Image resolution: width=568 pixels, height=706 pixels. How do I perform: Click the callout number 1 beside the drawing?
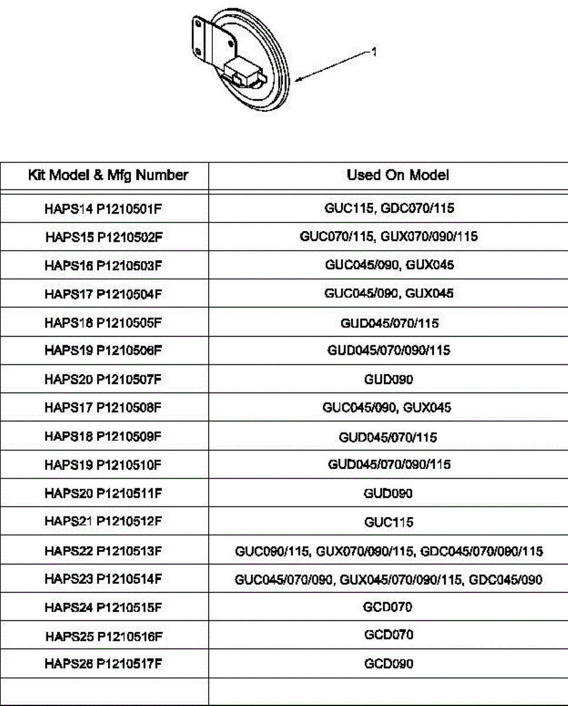coord(375,52)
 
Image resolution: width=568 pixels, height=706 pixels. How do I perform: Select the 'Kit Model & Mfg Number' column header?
coord(108,175)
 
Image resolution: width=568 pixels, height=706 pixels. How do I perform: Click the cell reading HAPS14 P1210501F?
coord(103,208)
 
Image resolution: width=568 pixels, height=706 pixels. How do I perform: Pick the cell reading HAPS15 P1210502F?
coord(103,237)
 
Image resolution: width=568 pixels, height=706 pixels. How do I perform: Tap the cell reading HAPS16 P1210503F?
coord(103,265)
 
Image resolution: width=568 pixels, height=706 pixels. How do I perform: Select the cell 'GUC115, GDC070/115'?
coord(389,208)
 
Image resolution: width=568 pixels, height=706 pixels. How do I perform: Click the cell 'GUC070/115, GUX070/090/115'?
coord(389,237)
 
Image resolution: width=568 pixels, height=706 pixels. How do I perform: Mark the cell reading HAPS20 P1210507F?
coord(103,379)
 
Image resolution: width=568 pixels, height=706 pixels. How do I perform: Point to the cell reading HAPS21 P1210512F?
coord(103,522)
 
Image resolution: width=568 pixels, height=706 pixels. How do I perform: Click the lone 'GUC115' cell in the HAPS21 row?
coord(389,522)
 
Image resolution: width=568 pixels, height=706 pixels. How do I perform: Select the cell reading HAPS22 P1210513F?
coord(103,551)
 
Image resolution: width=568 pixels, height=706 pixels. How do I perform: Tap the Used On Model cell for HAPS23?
coord(389,580)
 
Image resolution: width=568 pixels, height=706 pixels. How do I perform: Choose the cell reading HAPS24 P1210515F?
coord(103,607)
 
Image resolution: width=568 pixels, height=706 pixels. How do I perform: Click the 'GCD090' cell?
coord(389,664)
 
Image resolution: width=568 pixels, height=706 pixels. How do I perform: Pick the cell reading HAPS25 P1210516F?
coord(103,635)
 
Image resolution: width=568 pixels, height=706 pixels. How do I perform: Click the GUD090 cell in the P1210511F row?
coord(389,493)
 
